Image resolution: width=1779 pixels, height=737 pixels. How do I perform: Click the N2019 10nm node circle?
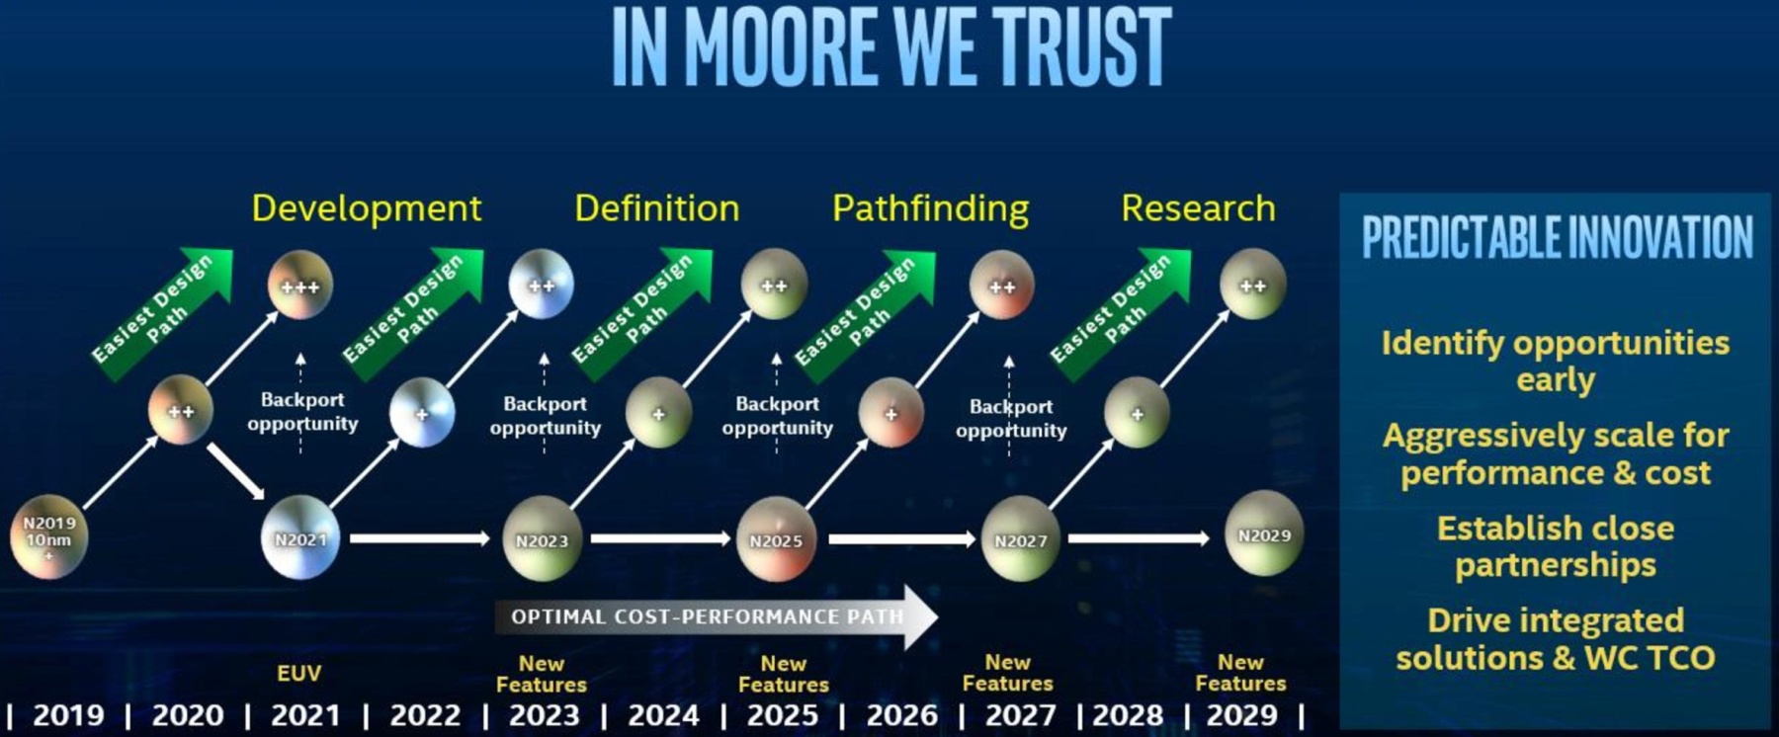pos(48,536)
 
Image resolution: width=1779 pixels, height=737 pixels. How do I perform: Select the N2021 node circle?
pos(300,537)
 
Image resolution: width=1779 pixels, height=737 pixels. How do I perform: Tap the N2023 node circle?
pos(542,538)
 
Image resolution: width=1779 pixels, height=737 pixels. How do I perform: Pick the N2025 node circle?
pos(776,538)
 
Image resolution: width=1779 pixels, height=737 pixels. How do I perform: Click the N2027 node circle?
pos(1020,538)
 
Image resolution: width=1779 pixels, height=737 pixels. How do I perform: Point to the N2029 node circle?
pos(1264,533)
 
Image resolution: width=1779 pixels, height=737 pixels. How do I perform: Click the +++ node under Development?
pos(300,286)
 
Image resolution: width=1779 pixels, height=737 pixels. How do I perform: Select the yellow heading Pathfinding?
pos(930,208)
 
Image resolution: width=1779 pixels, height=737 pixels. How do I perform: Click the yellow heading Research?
pos(1198,208)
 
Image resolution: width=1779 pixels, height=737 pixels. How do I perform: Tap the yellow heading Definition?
pos(656,208)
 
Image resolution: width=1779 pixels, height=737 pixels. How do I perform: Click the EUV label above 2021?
pos(298,673)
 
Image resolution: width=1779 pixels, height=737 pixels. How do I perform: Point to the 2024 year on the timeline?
pos(663,714)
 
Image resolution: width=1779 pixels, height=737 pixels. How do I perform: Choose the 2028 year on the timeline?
pos(1128,714)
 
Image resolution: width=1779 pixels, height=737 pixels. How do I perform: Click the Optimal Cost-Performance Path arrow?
pos(717,617)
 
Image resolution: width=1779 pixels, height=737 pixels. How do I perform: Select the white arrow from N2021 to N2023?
pos(420,538)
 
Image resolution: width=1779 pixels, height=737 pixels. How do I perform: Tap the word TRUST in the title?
pos(1082,46)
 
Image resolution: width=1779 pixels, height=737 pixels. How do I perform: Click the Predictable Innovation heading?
pos(1557,237)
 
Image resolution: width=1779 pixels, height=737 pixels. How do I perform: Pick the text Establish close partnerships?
pos(1556,546)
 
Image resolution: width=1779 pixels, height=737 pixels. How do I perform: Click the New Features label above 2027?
pos(1007,672)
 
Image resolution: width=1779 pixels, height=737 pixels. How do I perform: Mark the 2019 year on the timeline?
pos(68,714)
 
